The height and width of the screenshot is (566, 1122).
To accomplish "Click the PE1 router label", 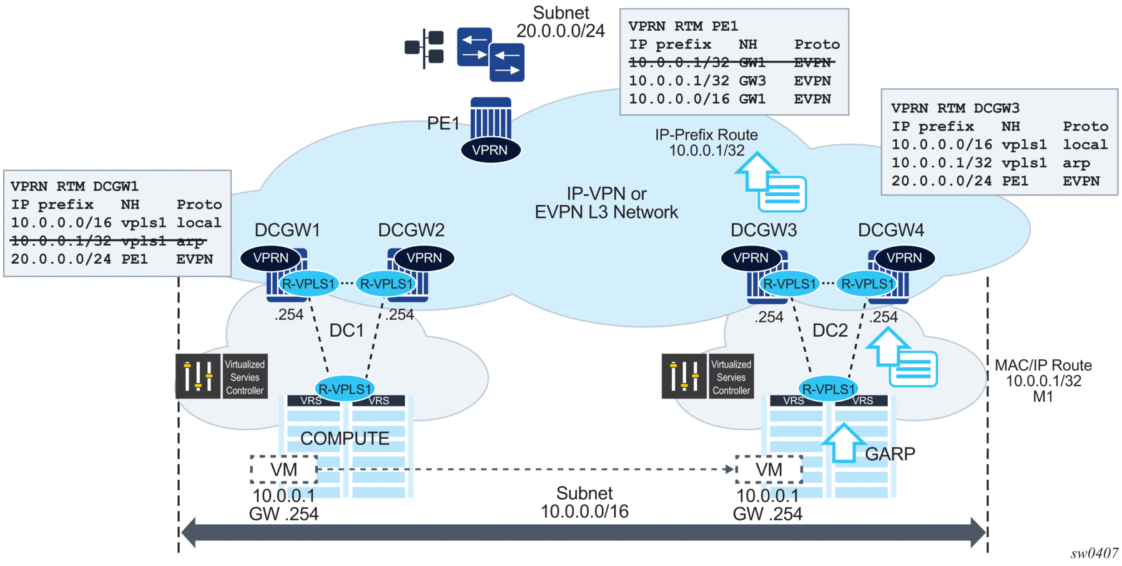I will coord(443,123).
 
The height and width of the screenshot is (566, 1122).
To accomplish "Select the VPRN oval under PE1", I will coord(490,150).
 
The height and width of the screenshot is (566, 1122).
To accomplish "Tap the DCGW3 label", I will coord(763,230).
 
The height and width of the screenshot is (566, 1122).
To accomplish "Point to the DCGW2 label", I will coord(411,230).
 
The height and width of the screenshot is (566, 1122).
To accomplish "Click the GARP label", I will coord(890,454).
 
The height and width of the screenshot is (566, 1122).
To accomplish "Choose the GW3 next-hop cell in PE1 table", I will coord(752,81).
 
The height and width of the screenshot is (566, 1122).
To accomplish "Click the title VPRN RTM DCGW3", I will coord(955,108).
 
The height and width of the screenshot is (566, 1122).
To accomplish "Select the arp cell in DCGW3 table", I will coord(1076,163).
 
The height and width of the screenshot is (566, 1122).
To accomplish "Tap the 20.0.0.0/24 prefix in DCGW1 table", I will coord(61,259).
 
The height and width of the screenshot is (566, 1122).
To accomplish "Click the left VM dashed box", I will coord(283,469).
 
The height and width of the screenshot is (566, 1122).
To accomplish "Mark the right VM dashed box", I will coord(769,469).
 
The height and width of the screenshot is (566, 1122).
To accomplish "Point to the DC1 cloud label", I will coord(347,330).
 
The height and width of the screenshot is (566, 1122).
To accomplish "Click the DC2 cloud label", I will coord(830,330).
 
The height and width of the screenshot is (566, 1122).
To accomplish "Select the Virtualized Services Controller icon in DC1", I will coord(221,376).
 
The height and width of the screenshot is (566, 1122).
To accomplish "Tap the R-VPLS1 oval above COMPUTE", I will coord(344,389).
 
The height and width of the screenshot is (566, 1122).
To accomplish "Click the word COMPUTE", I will coord(345,439).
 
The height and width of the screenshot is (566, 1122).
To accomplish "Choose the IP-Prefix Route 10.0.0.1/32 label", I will coord(706,142).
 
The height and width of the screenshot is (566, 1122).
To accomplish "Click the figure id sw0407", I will coord(1094,554).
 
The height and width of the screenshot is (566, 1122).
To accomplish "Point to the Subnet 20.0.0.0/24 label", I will coord(560,22).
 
